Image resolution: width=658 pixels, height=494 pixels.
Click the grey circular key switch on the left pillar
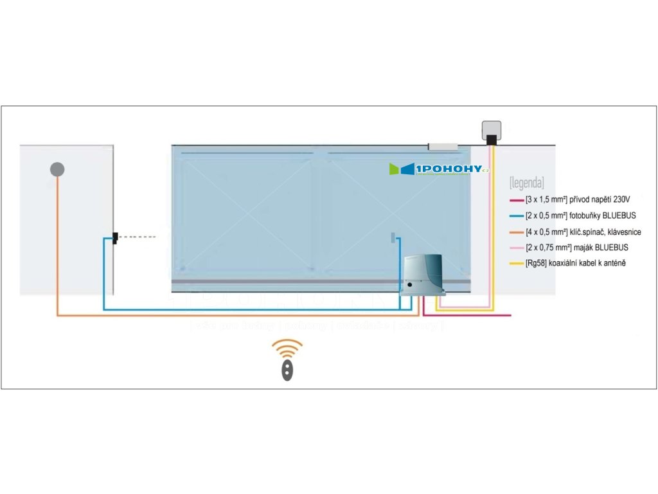pyautogui.click(x=57, y=169)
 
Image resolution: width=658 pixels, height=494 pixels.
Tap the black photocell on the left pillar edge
pyautogui.click(x=114, y=239)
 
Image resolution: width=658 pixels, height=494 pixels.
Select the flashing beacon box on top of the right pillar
pyautogui.click(x=492, y=131)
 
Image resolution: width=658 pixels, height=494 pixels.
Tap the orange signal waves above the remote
pyautogui.click(x=287, y=349)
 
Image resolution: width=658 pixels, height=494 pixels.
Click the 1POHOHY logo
pyautogui.click(x=441, y=169)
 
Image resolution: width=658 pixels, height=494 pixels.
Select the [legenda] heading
pyautogui.click(x=526, y=181)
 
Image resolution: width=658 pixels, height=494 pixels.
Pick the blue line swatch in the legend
pyautogui.click(x=515, y=215)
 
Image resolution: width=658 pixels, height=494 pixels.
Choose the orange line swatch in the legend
pyautogui.click(x=515, y=232)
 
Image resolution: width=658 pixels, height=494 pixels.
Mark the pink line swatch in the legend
pyautogui.click(x=515, y=248)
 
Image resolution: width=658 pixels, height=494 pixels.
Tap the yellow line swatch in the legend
pyautogui.click(x=515, y=264)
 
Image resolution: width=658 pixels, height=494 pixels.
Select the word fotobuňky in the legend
pyautogui.click(x=587, y=215)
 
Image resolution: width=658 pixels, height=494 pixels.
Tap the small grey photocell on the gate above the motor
pyautogui.click(x=391, y=238)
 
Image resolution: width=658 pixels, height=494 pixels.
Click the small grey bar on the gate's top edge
pyautogui.click(x=443, y=147)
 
